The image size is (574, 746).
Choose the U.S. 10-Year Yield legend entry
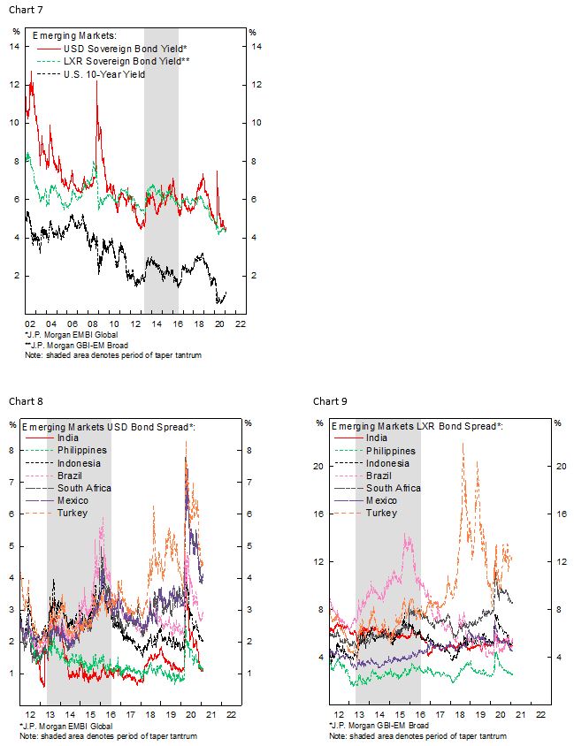(x=104, y=74)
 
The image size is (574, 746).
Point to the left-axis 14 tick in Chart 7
(x=16, y=47)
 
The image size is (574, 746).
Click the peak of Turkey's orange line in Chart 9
(x=463, y=443)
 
